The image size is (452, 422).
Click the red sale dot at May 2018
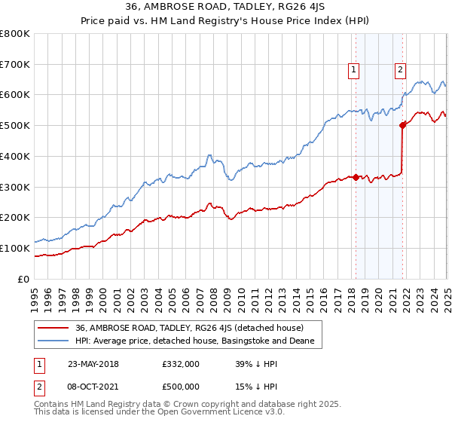click(x=356, y=177)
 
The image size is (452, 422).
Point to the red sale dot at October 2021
click(x=402, y=125)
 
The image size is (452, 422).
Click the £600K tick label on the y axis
click(x=15, y=95)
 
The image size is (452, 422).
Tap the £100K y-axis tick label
click(x=15, y=248)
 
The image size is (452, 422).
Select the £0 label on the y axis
click(x=24, y=279)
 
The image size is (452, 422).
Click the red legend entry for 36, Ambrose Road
click(x=189, y=329)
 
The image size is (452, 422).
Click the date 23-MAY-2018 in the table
click(x=93, y=363)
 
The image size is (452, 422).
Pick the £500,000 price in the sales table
click(x=182, y=387)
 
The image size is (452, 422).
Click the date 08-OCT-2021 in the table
click(x=93, y=387)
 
